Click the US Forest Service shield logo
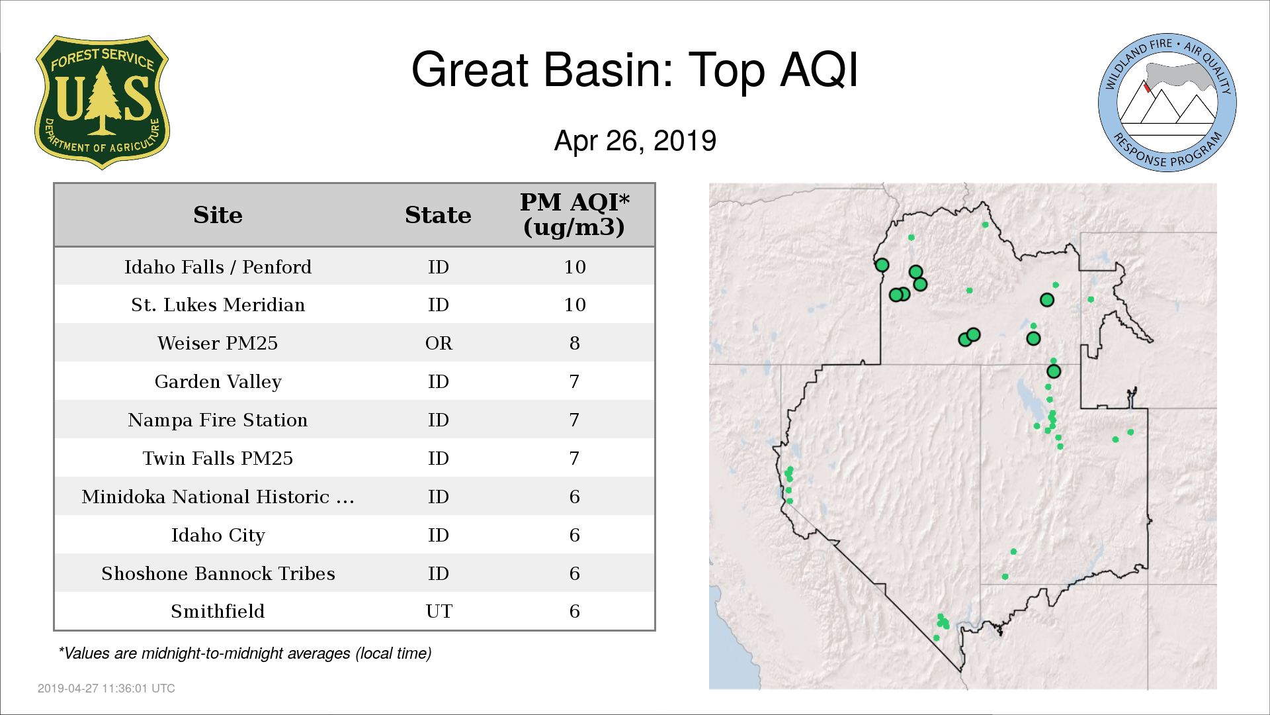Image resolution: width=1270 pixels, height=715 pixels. click(x=102, y=103)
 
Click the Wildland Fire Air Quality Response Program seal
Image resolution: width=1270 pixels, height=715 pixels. click(x=1167, y=103)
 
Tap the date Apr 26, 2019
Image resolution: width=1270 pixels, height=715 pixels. click(x=635, y=141)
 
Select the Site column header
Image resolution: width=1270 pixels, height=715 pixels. click(x=218, y=215)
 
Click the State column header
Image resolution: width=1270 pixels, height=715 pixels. click(x=438, y=215)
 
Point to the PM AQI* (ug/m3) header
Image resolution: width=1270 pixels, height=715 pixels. click(x=574, y=215)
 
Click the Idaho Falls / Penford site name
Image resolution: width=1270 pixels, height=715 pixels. click(x=218, y=267)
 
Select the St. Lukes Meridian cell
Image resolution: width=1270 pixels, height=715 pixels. click(x=218, y=305)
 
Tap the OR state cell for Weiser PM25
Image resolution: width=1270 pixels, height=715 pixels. click(x=439, y=343)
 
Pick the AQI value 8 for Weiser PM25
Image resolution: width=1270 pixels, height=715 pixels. click(x=574, y=343)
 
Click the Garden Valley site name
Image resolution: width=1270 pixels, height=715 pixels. click(x=218, y=382)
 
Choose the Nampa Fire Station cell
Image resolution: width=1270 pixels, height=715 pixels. click(x=218, y=420)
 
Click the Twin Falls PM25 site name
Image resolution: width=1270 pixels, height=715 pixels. click(x=218, y=458)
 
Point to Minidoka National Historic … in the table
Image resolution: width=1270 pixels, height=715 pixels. click(x=218, y=497)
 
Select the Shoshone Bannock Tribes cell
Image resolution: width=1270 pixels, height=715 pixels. click(x=218, y=573)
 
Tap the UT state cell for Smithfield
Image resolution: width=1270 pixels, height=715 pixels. click(x=439, y=611)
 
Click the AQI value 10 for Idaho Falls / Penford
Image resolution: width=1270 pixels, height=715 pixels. click(x=575, y=267)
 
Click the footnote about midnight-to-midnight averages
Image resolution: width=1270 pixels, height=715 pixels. click(x=245, y=653)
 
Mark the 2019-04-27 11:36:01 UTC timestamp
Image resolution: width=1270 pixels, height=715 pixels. click(x=106, y=689)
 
